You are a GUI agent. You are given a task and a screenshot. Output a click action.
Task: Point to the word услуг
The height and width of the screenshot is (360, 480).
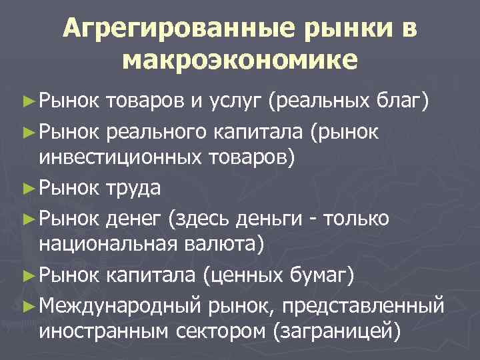229,102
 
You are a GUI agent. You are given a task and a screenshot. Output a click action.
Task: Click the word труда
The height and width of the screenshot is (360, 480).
133,188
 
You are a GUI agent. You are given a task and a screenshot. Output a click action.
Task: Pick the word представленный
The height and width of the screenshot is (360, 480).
363,304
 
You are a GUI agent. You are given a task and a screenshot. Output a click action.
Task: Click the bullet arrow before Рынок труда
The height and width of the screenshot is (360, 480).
27,188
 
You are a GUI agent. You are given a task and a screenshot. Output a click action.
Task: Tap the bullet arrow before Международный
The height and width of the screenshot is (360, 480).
27,304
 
